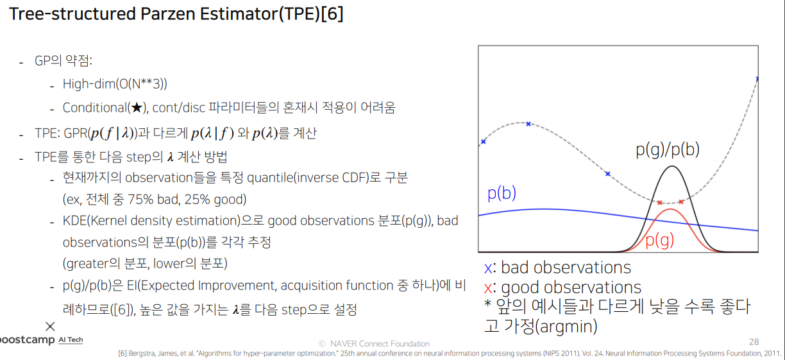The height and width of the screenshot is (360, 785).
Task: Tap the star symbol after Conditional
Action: pos(137,108)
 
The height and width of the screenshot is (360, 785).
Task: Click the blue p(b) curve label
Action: pos(502,193)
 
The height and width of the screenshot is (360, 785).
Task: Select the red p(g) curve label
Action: pos(659,241)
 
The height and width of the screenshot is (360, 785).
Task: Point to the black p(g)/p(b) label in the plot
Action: pos(667,150)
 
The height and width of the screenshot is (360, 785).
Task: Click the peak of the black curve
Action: pos(672,166)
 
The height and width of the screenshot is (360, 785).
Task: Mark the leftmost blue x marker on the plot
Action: pos(484,142)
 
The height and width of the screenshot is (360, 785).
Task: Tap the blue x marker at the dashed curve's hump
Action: pos(528,124)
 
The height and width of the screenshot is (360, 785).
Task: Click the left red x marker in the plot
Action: pos(659,203)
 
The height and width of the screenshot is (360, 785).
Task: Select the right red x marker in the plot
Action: pos(681,201)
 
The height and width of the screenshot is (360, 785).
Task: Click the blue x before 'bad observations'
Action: pos(488,268)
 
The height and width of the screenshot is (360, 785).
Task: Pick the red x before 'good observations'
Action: pos(488,289)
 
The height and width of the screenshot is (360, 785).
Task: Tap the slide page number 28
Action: pos(754,342)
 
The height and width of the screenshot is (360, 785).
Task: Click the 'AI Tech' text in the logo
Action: pos(71,339)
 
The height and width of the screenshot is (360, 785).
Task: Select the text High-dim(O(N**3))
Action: pos(115,84)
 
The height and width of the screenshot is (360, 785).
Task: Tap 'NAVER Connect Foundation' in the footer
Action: pos(380,343)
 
